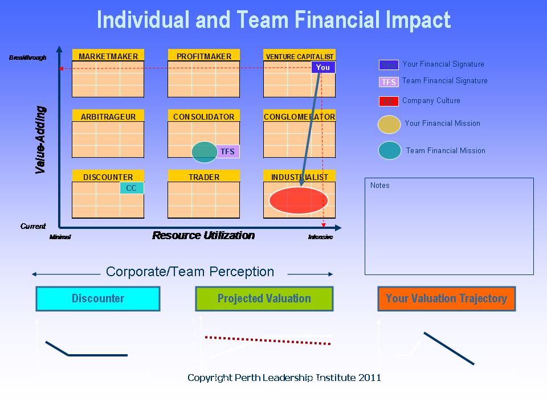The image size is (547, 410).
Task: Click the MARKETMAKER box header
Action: point(108,56)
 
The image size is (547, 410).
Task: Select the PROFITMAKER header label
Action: point(204,56)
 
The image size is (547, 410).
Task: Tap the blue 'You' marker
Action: point(323,67)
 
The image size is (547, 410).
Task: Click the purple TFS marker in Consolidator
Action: point(227,151)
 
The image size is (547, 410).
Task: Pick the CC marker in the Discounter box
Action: point(132,188)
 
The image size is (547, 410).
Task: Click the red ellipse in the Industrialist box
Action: point(299,200)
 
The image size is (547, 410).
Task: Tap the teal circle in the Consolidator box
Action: point(204,151)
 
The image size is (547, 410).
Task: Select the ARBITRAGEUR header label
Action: point(108,116)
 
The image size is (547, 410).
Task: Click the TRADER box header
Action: point(204,177)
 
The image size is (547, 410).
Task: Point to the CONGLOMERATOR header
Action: point(299,116)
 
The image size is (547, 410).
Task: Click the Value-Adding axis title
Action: point(40,140)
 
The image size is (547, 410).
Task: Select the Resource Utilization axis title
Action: point(203,235)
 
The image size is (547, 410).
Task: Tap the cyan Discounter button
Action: point(98,298)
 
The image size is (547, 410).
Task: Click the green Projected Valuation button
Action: point(264,298)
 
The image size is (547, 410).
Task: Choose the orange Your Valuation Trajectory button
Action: point(446,298)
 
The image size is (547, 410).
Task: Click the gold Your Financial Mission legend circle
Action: point(389,124)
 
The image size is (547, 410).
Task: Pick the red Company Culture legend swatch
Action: point(389,101)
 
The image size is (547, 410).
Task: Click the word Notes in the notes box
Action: point(380,185)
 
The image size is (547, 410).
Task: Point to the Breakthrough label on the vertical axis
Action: point(27,58)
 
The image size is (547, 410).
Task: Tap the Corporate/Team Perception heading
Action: point(190,272)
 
